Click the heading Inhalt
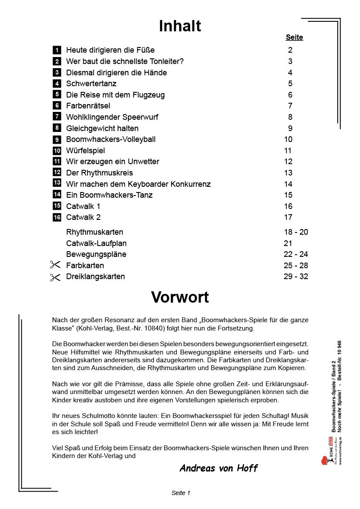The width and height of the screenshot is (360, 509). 180,27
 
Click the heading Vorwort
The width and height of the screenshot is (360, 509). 180,297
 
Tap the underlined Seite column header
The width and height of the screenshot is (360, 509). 294,37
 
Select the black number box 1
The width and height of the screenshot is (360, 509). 57,50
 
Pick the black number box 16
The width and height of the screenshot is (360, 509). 57,217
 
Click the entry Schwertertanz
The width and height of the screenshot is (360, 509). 91,84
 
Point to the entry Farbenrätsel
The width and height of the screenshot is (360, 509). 88,106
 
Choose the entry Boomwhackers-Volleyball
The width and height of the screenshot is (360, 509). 111,139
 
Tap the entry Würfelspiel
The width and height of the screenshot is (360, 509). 85,151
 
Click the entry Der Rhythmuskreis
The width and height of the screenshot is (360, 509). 99,173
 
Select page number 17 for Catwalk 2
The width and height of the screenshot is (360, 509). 288,217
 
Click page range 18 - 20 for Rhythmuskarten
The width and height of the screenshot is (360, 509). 296,232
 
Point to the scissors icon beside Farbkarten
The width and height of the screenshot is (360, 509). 55,265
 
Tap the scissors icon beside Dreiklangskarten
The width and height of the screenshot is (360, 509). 55,277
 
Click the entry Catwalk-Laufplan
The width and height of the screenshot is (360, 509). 96,243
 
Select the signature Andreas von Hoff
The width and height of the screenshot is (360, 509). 219,469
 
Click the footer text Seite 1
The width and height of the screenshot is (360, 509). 181,493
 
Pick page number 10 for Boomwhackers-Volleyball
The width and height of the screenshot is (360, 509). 288,139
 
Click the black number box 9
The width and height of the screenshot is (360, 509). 57,140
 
